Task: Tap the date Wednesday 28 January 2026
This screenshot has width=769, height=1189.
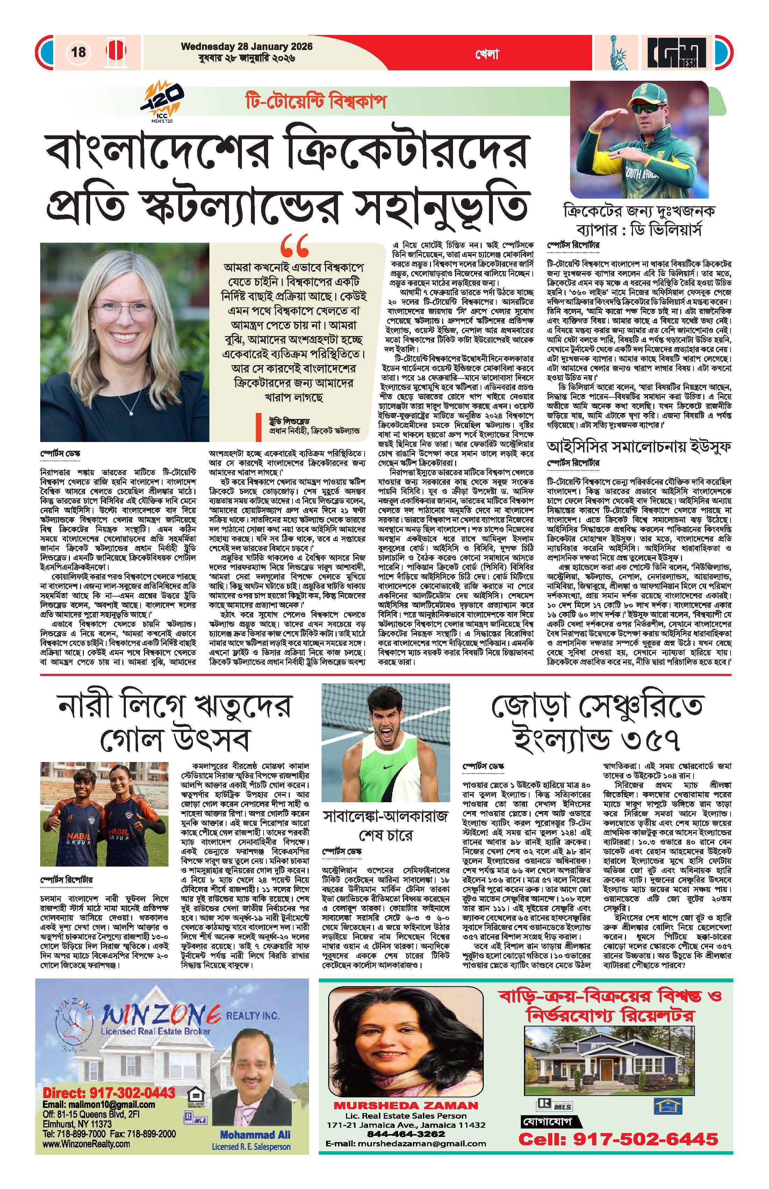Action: click(x=247, y=47)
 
